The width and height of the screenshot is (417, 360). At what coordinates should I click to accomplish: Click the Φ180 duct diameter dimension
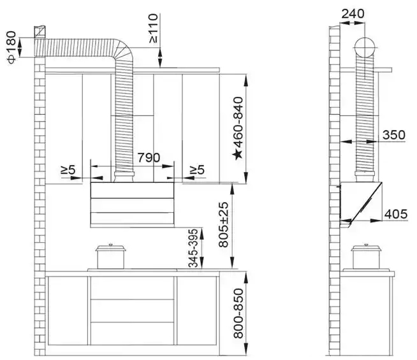coord(11,47)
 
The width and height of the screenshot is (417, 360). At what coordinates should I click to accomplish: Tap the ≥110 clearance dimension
coord(154,29)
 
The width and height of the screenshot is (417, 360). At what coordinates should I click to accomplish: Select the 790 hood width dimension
coord(149,158)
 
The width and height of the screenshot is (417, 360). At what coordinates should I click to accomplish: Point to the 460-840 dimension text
coord(238,122)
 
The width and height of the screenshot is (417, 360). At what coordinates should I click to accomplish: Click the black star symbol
coord(237,155)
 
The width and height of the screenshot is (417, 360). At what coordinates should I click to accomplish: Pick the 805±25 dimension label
coord(224,225)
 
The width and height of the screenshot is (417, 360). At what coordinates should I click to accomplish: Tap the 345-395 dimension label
coord(193,248)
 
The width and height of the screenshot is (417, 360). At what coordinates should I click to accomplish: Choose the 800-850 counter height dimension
coord(238,313)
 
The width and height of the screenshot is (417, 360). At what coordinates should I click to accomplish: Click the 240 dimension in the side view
coord(353,14)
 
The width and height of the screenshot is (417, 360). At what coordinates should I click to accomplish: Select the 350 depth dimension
coord(393,135)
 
